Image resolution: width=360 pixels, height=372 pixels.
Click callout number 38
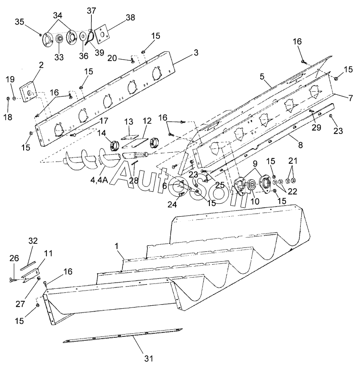(x=130, y=17)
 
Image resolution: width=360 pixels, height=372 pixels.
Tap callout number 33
(x=59, y=57)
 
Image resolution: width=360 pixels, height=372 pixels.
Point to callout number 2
(x=41, y=65)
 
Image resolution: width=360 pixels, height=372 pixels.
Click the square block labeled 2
(x=29, y=92)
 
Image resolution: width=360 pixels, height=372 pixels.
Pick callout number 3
(x=196, y=53)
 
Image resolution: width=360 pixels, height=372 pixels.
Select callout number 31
(x=149, y=358)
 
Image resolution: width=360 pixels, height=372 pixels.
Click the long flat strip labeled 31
(x=123, y=335)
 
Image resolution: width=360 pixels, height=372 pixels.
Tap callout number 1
(x=117, y=246)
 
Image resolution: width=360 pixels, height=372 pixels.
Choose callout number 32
(x=33, y=241)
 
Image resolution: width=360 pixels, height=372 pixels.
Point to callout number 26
(x=14, y=258)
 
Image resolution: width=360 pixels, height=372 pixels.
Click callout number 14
(x=102, y=133)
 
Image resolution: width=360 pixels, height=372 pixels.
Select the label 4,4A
(x=99, y=180)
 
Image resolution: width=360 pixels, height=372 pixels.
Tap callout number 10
(x=255, y=202)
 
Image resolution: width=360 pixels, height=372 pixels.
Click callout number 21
(x=293, y=161)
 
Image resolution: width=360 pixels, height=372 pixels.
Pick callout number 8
(x=300, y=145)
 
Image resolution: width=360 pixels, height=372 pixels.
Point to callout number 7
(x=351, y=98)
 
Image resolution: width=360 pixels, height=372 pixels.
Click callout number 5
(x=262, y=77)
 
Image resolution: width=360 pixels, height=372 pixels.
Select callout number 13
(x=129, y=122)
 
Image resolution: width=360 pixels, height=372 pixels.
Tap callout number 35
(x=20, y=22)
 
